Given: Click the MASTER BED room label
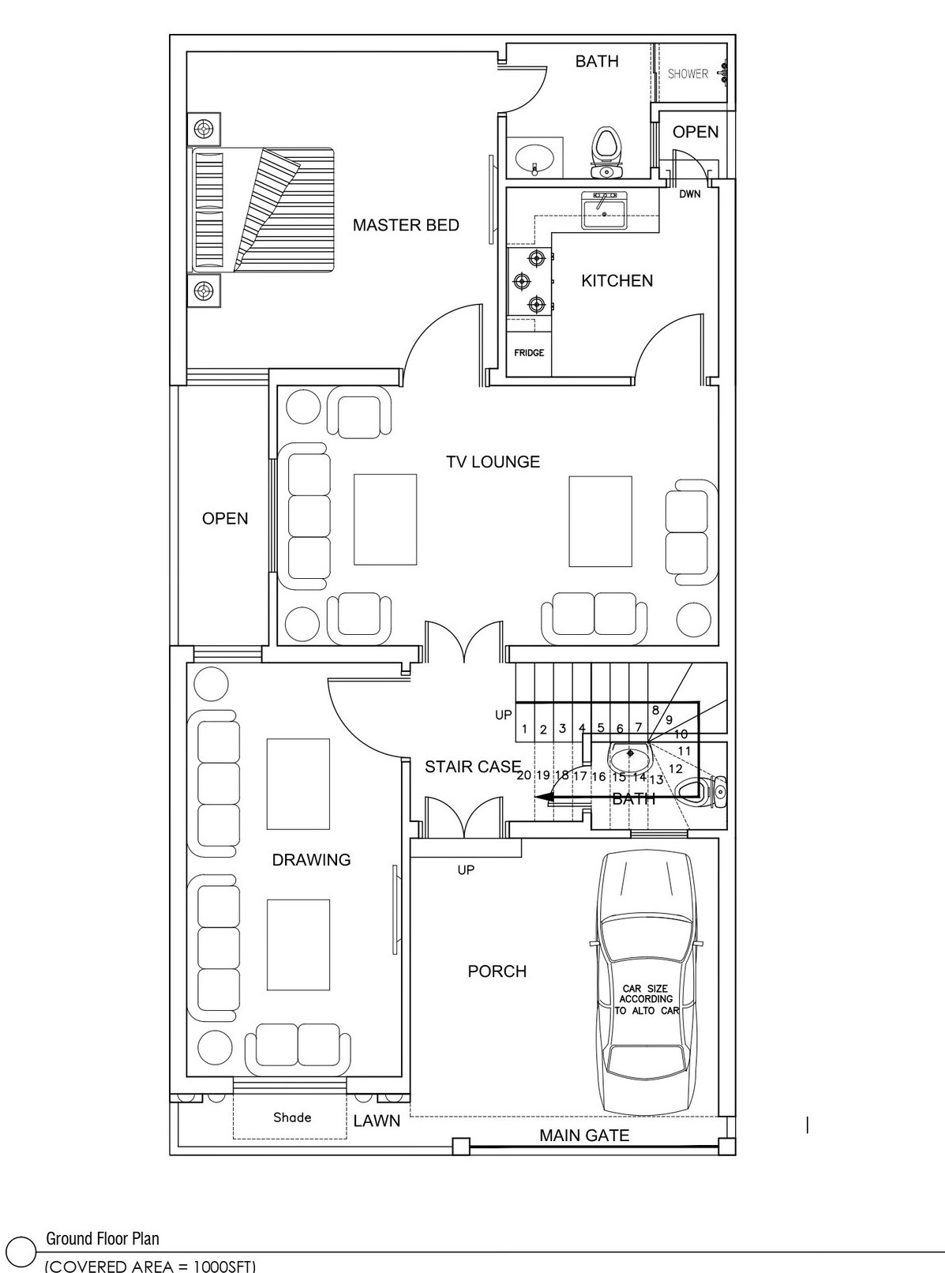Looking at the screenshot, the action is (x=406, y=225).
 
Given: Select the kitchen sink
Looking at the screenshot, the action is (x=604, y=211).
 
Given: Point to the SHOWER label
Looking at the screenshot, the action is (x=688, y=73).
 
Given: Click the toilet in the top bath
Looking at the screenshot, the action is (x=606, y=152).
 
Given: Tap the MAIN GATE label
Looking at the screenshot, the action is (x=584, y=1135).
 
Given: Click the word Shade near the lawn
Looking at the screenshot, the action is (x=292, y=1117).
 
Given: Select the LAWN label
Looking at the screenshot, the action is (x=377, y=1121).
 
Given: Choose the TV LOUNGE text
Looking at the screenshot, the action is (x=493, y=462).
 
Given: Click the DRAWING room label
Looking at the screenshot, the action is (x=311, y=859).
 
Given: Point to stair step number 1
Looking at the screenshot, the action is (x=524, y=730).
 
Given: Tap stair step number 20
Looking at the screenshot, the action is (x=524, y=775).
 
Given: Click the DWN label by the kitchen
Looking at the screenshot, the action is (x=690, y=194).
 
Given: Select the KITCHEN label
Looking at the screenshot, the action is (x=617, y=280).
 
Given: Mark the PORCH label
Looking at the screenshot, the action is (x=497, y=971).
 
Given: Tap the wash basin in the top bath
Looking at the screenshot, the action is (x=534, y=157).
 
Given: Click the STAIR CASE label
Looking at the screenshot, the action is (x=473, y=767).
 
